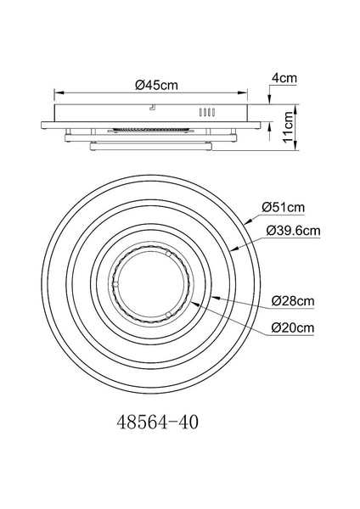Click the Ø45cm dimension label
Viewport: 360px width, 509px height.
[156, 85]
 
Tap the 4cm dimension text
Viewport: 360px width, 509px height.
[284, 78]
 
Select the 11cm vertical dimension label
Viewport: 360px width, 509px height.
[288, 127]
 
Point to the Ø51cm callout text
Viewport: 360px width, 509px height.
[284, 207]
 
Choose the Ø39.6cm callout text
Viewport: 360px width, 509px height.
[293, 231]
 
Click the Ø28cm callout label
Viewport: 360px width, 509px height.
[293, 301]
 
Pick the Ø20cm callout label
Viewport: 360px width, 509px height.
[293, 327]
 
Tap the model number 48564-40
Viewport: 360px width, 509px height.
[157, 422]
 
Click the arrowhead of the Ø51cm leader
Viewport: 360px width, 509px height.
[248, 221]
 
